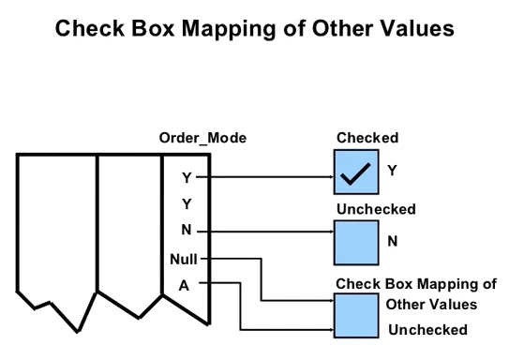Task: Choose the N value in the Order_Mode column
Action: (186, 231)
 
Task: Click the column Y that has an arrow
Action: (186, 176)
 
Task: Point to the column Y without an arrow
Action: (186, 203)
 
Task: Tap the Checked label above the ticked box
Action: (362, 139)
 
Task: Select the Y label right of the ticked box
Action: (393, 171)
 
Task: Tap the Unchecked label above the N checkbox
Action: (376, 209)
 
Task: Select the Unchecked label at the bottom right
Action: (427, 330)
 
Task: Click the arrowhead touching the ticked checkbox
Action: (330, 176)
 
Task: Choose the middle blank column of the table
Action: (130, 225)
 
